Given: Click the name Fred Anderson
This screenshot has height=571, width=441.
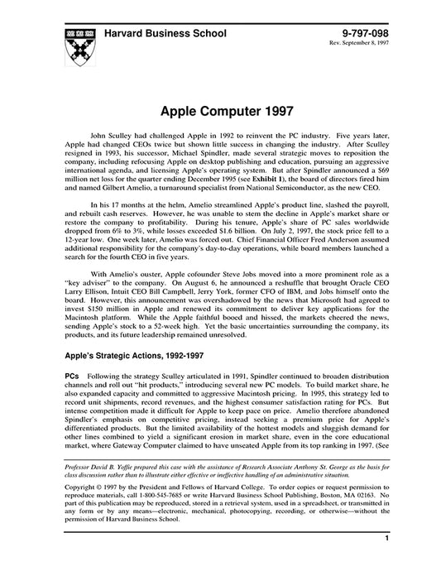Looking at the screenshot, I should click(330, 247).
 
